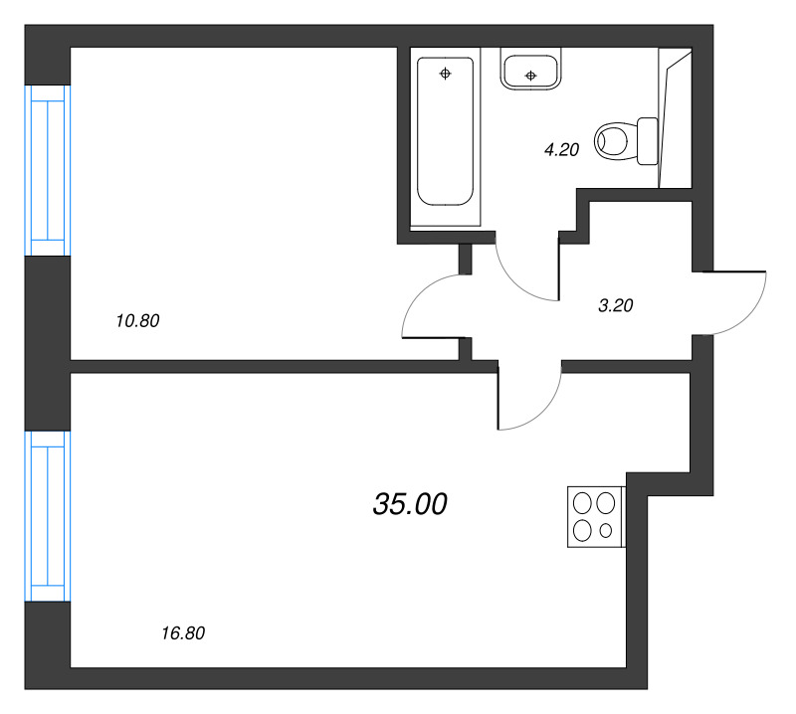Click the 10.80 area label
pyautogui.click(x=138, y=321)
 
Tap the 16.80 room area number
pyautogui.click(x=182, y=632)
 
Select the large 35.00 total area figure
pyautogui.click(x=410, y=505)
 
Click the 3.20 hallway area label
pyautogui.click(x=615, y=306)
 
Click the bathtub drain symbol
pyautogui.click(x=445, y=73)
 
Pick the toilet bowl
pyautogui.click(x=614, y=141)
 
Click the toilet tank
pyautogui.click(x=647, y=141)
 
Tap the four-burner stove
pyautogui.click(x=595, y=516)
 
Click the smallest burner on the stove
pyautogui.click(x=606, y=531)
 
